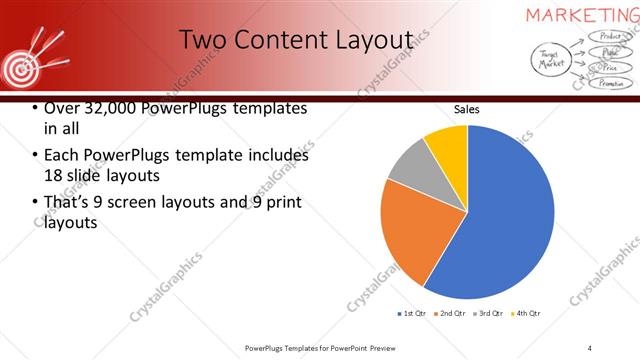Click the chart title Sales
coord(466,108)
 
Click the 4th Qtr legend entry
coord(526,314)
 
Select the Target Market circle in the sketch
coord(550,60)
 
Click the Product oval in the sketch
coord(608,37)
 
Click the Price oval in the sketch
coord(609,68)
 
